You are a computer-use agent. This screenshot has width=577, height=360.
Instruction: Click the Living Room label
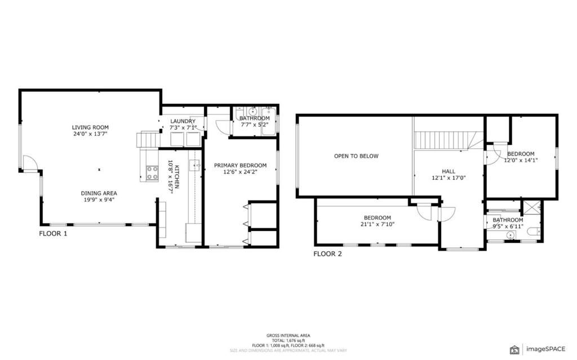click(90, 127)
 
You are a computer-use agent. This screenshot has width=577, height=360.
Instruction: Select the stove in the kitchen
click(152, 173)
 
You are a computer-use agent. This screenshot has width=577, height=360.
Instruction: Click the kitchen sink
click(194, 165)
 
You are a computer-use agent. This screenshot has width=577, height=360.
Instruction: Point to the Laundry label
click(183, 121)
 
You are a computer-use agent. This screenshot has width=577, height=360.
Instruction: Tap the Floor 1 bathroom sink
click(252, 111)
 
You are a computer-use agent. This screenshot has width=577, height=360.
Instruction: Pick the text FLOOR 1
click(53, 233)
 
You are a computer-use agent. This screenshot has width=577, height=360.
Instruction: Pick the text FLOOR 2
click(327, 254)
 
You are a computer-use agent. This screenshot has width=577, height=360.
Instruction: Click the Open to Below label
click(356, 156)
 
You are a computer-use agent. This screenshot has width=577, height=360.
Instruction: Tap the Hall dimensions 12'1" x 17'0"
click(449, 178)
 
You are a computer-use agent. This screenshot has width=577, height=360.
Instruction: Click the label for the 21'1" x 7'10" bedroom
click(377, 218)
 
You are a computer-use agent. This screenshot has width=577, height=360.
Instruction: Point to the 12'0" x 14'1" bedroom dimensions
click(521, 160)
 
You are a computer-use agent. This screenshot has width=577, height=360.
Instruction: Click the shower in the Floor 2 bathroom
click(531, 207)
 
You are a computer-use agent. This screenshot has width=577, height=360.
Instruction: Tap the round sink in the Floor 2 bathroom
click(511, 235)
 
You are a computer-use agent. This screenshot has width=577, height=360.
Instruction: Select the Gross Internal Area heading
click(288, 336)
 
